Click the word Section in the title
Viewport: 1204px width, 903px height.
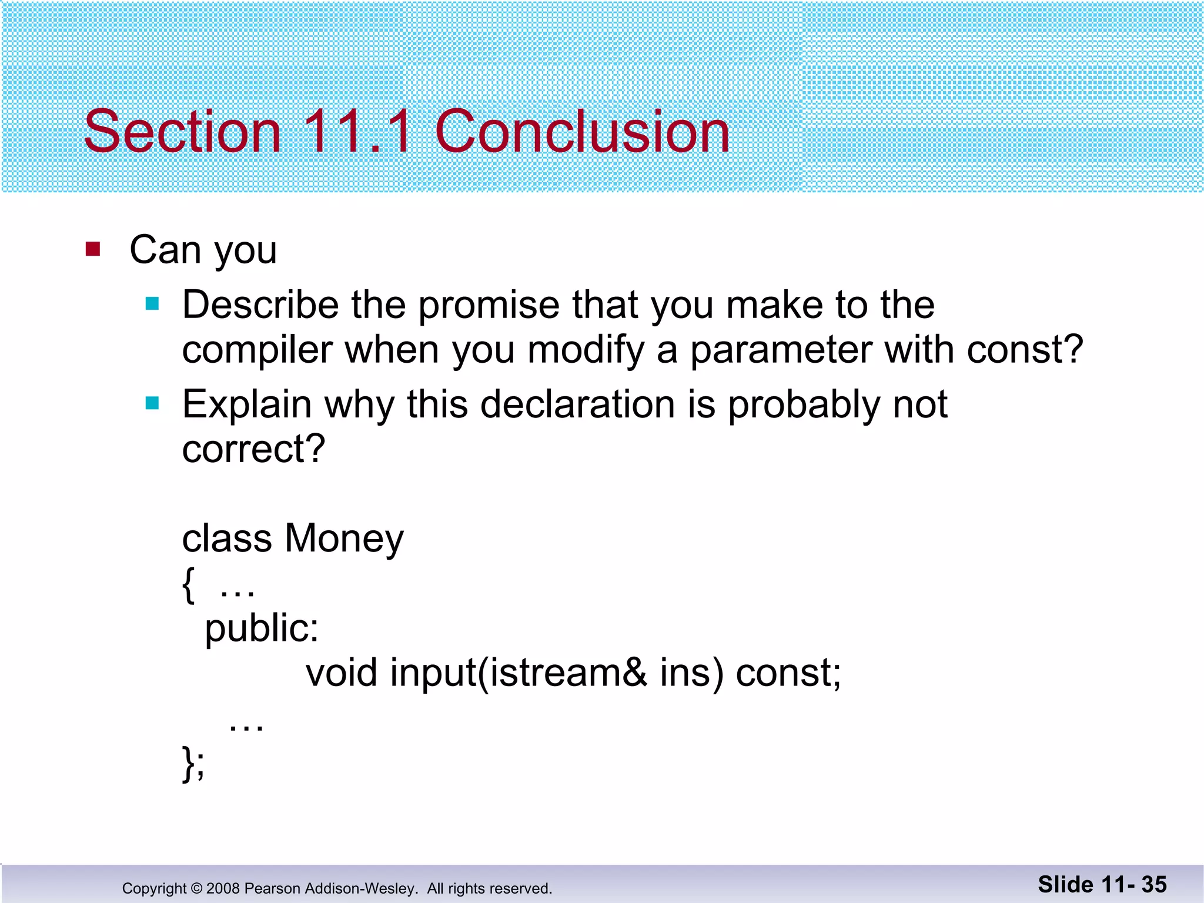[x=182, y=132]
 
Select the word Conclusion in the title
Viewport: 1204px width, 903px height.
[x=582, y=132]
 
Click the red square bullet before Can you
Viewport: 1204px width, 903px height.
[x=93, y=249]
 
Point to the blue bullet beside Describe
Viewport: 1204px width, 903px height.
[x=152, y=304]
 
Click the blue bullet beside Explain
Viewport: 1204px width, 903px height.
[x=152, y=403]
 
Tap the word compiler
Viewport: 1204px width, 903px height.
[x=257, y=350]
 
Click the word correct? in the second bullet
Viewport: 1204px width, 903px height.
[x=253, y=449]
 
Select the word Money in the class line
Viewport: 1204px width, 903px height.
[x=345, y=539]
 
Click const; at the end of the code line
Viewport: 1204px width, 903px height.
[x=788, y=673]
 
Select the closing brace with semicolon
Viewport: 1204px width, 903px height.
[x=193, y=763]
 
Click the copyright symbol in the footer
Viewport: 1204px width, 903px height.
[x=196, y=888]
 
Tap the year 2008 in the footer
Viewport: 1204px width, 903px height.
[x=223, y=888]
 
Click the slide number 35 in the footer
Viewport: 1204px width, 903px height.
[x=1154, y=885]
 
